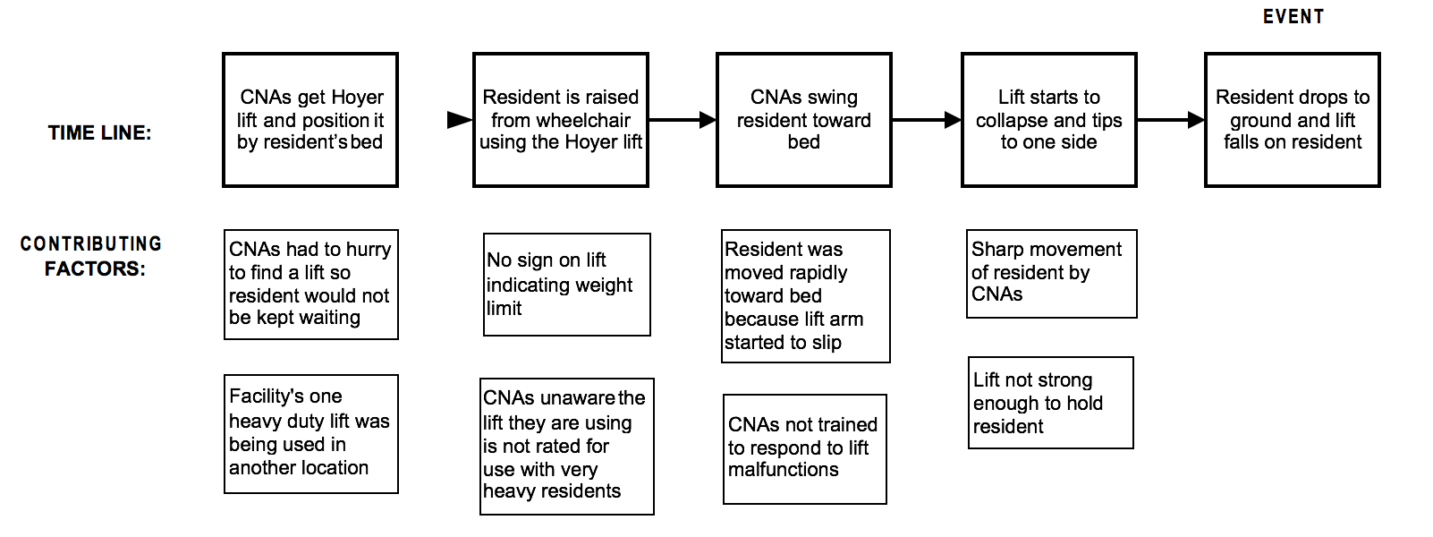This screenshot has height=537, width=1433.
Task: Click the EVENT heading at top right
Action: point(1293,17)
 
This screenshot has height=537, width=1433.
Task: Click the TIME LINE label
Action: point(99,133)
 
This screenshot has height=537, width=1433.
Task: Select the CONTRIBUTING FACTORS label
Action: point(92,256)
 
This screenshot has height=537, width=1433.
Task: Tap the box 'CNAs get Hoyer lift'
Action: point(310,120)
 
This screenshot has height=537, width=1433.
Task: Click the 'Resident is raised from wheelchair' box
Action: point(561,120)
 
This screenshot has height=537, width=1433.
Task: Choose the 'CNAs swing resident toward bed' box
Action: point(803,120)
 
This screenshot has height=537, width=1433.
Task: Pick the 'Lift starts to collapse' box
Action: point(1048,120)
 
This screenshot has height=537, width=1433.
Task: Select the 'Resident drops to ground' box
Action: point(1292,120)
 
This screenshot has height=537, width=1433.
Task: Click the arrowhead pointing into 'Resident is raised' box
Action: point(460,120)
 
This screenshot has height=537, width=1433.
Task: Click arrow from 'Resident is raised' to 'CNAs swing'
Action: point(683,119)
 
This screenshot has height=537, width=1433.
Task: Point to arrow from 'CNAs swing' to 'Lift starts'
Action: point(927,119)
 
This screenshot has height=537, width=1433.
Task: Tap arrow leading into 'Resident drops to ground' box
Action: point(1171,119)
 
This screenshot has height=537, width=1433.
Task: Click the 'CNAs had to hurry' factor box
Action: point(310,285)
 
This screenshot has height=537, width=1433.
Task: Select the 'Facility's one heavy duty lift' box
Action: point(310,434)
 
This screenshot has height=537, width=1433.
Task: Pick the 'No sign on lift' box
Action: point(566,285)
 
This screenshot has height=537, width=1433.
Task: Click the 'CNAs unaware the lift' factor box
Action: point(566,446)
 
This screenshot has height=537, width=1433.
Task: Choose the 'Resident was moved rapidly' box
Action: point(805,296)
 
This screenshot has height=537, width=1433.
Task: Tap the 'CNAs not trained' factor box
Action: point(804,448)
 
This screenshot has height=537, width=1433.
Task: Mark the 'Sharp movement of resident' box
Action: point(1051,273)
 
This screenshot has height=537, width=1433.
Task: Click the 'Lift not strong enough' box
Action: point(1050,403)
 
